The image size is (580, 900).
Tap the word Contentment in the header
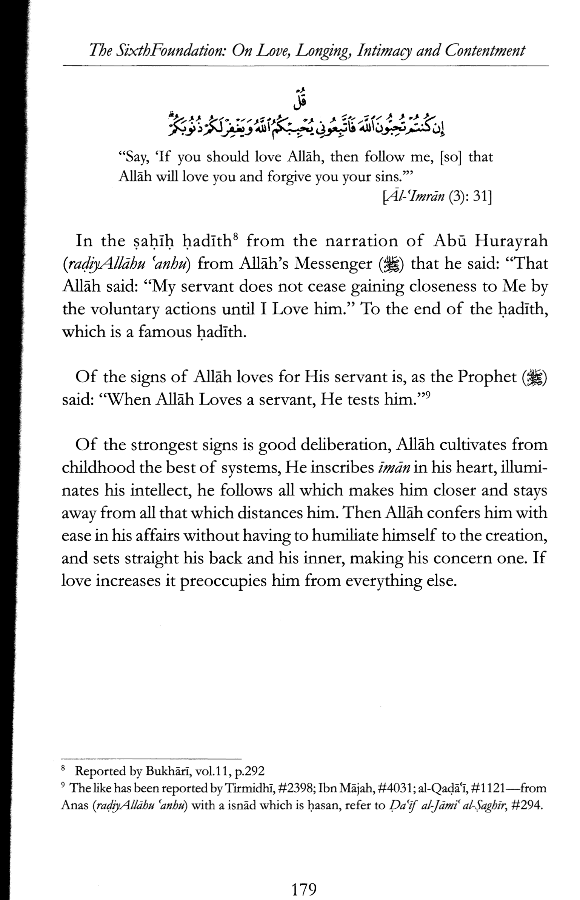[x=485, y=51]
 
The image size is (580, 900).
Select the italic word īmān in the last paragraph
[x=394, y=468]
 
